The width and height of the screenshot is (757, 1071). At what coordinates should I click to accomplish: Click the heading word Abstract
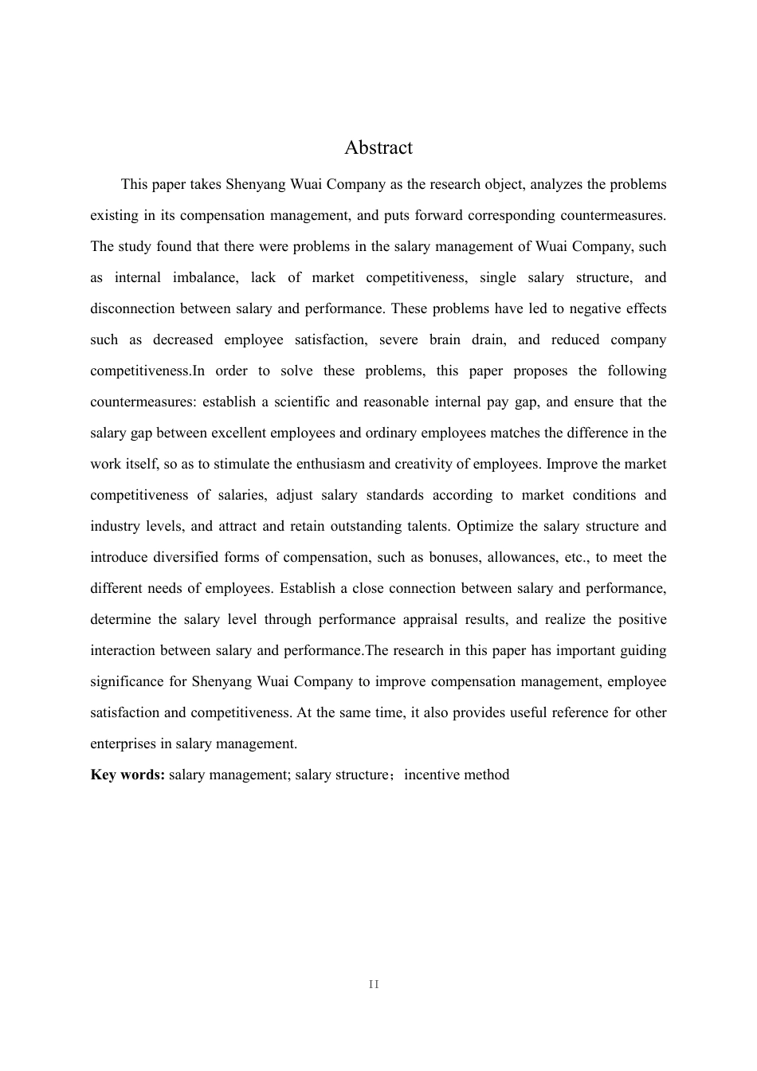378,147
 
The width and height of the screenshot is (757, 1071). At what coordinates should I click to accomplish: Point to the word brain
445,339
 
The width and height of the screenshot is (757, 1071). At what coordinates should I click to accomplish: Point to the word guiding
642,650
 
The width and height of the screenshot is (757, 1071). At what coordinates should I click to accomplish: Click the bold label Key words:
127,775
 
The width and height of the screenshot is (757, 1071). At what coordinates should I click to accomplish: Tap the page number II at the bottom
375,984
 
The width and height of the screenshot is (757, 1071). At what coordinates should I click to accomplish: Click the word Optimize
484,526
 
